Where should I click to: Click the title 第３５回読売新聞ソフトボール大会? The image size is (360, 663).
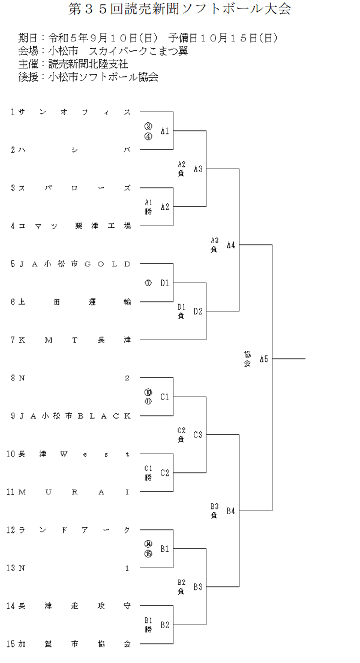[180, 10]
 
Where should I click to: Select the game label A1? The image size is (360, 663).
[165, 131]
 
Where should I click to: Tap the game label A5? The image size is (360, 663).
[264, 359]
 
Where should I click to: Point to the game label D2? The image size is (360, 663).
[198, 311]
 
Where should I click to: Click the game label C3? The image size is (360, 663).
[198, 434]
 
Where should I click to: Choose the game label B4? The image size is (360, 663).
[231, 511]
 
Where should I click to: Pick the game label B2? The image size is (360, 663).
[165, 625]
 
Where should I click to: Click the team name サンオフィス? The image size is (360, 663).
[74, 112]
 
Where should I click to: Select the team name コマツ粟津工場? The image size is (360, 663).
[74, 226]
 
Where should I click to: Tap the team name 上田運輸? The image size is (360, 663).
[74, 302]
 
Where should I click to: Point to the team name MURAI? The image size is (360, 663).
[74, 492]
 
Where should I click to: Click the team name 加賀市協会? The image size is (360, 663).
[74, 644]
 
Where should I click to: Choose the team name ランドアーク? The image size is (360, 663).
[74, 530]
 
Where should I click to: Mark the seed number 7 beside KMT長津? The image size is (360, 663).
[13, 340]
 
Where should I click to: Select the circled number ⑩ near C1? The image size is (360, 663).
[148, 392]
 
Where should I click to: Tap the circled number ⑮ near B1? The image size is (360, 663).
[148, 554]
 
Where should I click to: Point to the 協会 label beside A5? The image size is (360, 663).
[247, 359]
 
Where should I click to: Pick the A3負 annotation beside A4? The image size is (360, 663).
[214, 245]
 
